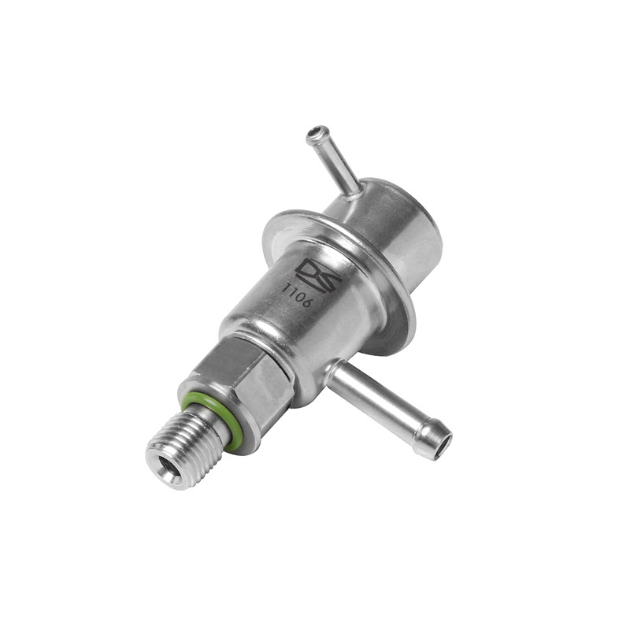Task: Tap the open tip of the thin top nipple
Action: point(317,132)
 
